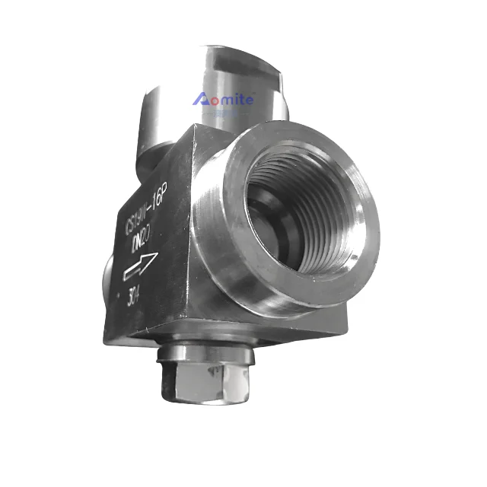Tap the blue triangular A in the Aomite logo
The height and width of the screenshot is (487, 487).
pyautogui.click(x=201, y=98)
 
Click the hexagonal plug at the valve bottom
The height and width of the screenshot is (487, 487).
pyautogui.click(x=202, y=380)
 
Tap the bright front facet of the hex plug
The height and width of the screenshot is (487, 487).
pyautogui.click(x=199, y=384)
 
